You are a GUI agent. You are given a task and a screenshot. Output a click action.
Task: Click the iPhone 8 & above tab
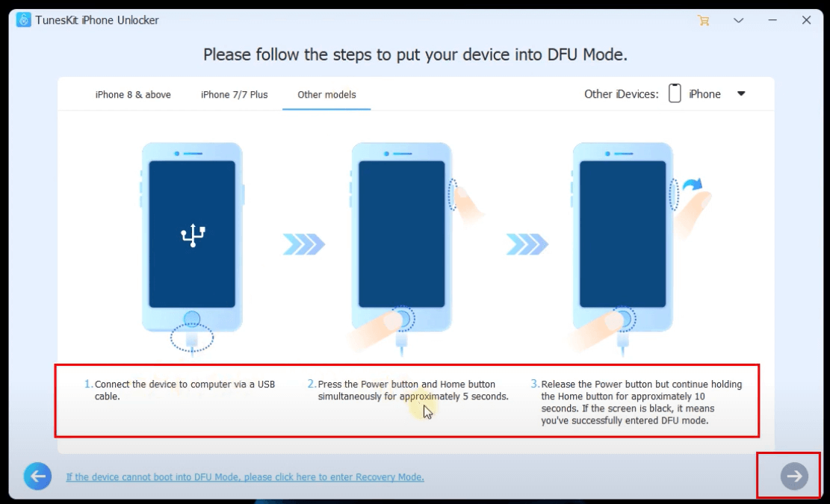click(x=133, y=95)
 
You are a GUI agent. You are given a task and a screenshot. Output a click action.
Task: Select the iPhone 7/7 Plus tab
click(x=234, y=95)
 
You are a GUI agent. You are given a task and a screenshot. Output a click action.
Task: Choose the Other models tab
click(x=326, y=95)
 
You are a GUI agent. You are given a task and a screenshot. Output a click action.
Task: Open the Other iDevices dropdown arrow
click(x=741, y=93)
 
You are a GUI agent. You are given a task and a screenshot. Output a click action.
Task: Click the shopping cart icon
click(x=704, y=21)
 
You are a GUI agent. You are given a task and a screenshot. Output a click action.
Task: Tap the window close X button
click(x=806, y=20)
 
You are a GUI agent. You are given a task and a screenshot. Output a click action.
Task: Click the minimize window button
click(x=772, y=20)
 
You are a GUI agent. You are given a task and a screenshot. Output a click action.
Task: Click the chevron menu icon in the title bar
click(x=738, y=21)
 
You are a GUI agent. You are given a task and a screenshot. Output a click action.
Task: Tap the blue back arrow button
click(x=37, y=476)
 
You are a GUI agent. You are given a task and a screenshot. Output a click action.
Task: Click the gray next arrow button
click(x=794, y=476)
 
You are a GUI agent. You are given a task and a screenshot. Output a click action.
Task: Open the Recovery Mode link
click(x=245, y=477)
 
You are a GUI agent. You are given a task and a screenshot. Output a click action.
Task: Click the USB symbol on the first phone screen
click(x=193, y=235)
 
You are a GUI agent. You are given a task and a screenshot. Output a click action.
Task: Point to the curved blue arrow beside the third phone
click(x=693, y=184)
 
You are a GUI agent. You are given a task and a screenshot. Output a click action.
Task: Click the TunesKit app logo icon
click(x=23, y=20)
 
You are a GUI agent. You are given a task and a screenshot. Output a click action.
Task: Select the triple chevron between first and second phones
click(x=304, y=244)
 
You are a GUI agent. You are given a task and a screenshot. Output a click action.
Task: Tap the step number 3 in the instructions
click(x=535, y=384)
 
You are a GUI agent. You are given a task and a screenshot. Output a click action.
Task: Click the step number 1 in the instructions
click(x=88, y=384)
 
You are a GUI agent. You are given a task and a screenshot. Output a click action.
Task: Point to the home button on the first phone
click(x=192, y=319)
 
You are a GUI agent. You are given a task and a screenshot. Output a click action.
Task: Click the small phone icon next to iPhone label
click(x=675, y=93)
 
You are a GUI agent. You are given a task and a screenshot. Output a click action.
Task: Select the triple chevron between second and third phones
click(x=527, y=244)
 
